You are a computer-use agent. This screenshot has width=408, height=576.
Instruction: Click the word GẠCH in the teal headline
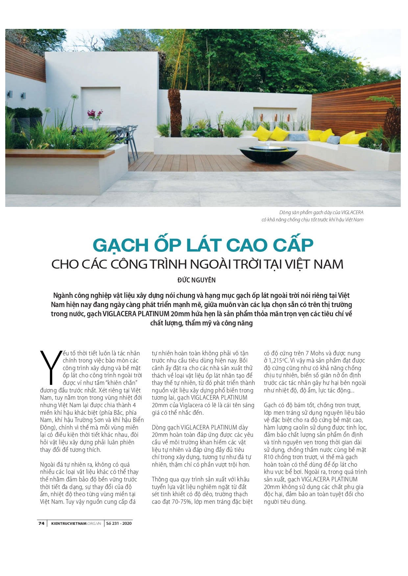[x=121, y=245]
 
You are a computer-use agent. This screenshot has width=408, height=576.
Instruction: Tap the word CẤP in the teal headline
[x=293, y=245]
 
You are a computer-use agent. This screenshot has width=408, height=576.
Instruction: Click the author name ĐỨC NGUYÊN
[x=196, y=280]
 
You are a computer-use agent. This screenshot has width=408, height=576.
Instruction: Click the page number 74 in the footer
[x=41, y=523]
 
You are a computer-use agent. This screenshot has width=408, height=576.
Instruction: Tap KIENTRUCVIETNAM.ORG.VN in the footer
[x=76, y=523]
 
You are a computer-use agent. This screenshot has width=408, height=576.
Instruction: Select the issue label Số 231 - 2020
[x=119, y=523]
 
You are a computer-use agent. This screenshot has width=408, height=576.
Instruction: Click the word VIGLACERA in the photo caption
[x=352, y=212]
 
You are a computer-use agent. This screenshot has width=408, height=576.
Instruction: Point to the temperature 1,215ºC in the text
[x=279, y=361]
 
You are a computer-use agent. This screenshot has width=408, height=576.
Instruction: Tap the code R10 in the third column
[x=268, y=457]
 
